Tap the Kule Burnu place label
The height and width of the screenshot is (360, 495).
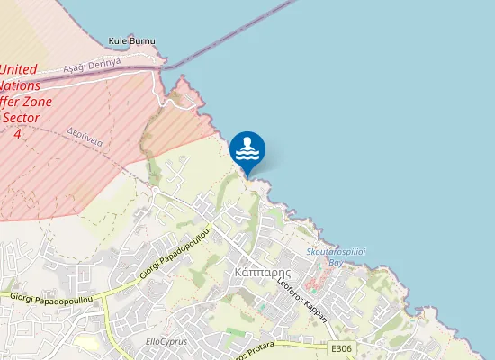tap(131, 41)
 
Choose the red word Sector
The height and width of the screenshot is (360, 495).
tap(20, 118)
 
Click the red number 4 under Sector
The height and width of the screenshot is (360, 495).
tap(16, 133)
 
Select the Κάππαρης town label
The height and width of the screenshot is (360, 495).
tap(253, 271)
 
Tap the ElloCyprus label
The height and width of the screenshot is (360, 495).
tap(164, 342)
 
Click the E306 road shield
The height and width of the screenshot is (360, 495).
tap(339, 347)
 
